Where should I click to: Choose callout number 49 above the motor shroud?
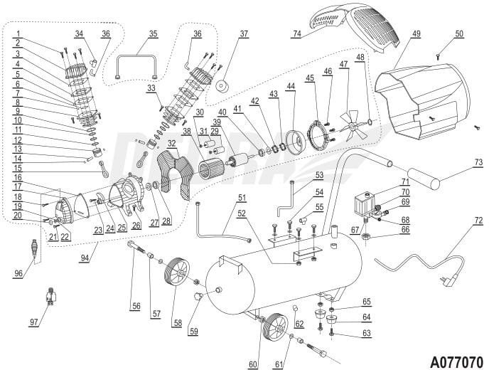(416, 34)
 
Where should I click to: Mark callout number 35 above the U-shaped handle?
(153, 33)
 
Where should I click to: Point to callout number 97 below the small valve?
(33, 322)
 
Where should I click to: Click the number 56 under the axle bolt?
(135, 306)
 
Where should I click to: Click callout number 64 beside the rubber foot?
(367, 317)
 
